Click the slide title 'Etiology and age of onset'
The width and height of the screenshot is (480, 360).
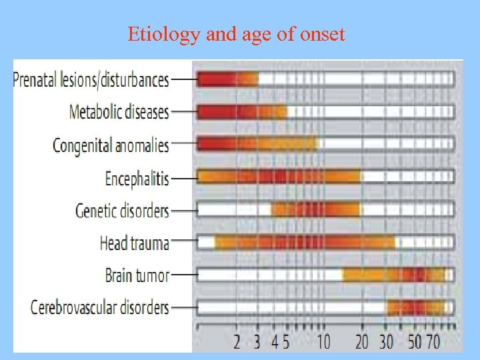237,34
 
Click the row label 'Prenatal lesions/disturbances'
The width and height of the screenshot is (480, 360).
91,80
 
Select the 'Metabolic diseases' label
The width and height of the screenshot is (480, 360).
119,112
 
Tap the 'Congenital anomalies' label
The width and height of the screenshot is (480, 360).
111,145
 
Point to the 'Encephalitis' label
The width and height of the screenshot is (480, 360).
137,177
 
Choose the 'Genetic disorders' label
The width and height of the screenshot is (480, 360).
122,210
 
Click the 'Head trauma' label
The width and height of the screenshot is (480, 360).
134,243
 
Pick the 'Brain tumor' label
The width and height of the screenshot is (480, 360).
137,275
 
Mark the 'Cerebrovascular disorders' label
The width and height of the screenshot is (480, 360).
100,307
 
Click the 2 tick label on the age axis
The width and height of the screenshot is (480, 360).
237,342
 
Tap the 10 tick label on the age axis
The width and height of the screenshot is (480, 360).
323,342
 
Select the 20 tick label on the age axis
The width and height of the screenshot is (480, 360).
362,342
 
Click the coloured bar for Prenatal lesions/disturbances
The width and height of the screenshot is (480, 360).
227,79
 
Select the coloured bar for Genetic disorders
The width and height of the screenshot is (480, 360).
315,210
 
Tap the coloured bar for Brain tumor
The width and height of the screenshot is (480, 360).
393,275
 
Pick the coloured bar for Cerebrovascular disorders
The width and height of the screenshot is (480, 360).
416,307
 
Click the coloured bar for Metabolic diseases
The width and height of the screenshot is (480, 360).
241,112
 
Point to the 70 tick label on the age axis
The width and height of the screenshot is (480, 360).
433,342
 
